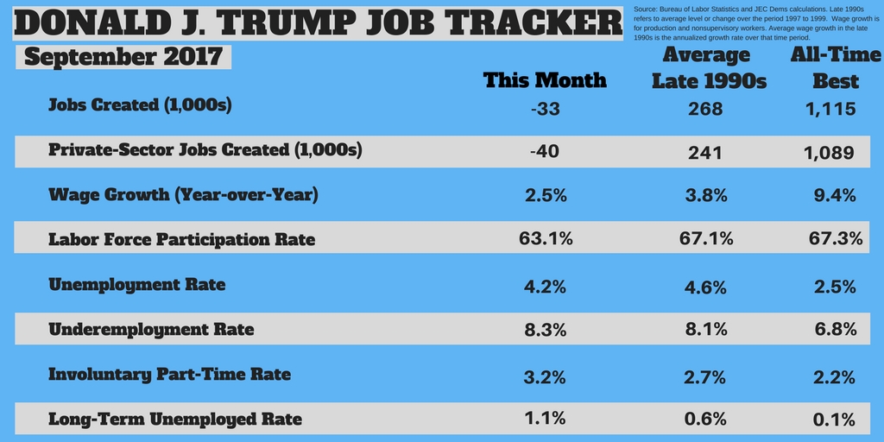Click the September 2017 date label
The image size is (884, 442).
point(123,57)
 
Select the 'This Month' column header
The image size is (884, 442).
point(545,80)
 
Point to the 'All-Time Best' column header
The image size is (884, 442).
point(836,68)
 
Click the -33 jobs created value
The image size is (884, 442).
point(546,110)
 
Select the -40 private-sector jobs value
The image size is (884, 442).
point(543,151)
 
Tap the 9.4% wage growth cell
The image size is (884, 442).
point(836,195)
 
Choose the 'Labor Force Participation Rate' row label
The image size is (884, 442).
point(182,239)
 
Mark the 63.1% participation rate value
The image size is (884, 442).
point(546,238)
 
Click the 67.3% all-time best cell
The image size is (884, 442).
point(836,238)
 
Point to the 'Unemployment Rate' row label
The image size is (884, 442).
point(137,284)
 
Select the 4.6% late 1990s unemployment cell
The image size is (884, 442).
point(705,285)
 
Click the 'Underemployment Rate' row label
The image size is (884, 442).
point(151,329)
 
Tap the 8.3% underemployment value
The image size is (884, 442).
point(546,330)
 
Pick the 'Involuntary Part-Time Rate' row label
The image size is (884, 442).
point(169,374)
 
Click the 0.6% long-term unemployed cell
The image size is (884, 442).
point(705,420)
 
